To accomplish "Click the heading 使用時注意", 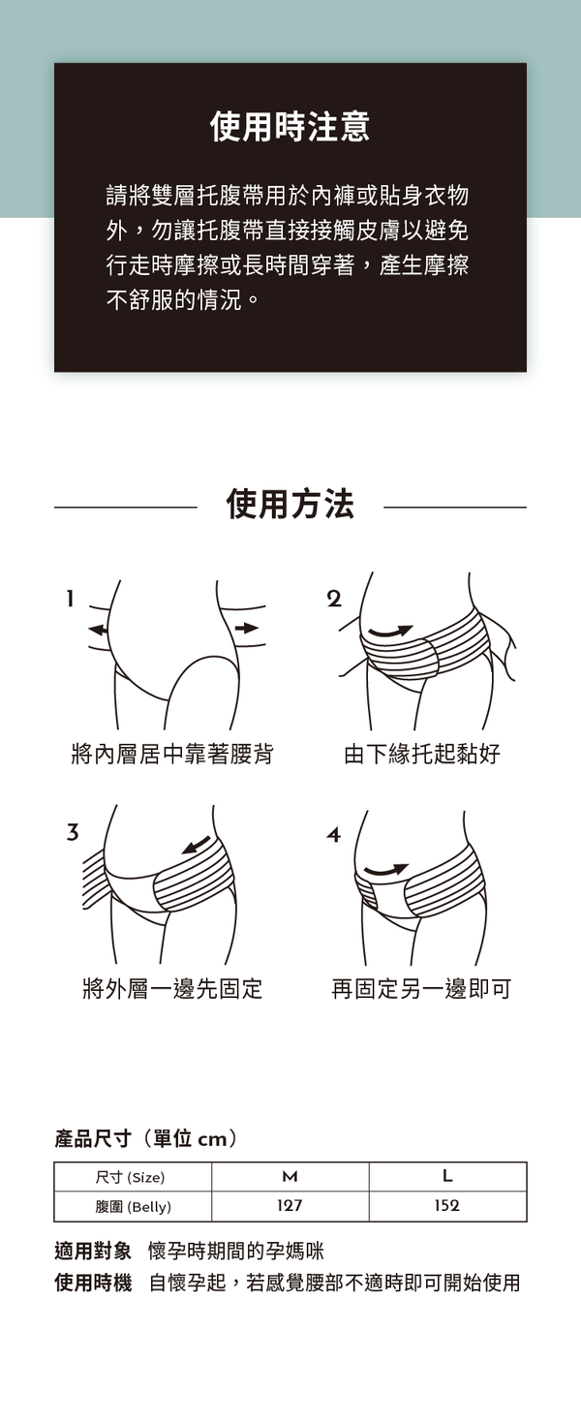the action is click(290, 126).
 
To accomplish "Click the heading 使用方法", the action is click(290, 504).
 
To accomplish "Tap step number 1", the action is click(71, 599).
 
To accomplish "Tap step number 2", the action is click(334, 599).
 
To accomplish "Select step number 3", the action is click(73, 832).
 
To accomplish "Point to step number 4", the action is click(334, 834).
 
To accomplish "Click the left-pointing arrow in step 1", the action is click(98, 630).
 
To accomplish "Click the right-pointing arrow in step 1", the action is click(247, 628).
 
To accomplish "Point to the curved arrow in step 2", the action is click(391, 632).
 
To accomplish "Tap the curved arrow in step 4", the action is click(385, 869).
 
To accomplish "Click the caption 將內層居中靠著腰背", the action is click(172, 754).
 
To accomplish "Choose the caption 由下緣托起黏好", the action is click(422, 754).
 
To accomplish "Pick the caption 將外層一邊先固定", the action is click(172, 988).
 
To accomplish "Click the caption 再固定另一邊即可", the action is click(421, 988).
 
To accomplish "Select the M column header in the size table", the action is click(290, 1177).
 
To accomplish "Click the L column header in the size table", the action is click(447, 1176).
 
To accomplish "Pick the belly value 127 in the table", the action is click(290, 1205).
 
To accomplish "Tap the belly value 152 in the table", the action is click(446, 1205).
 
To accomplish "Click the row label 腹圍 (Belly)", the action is click(134, 1207).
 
